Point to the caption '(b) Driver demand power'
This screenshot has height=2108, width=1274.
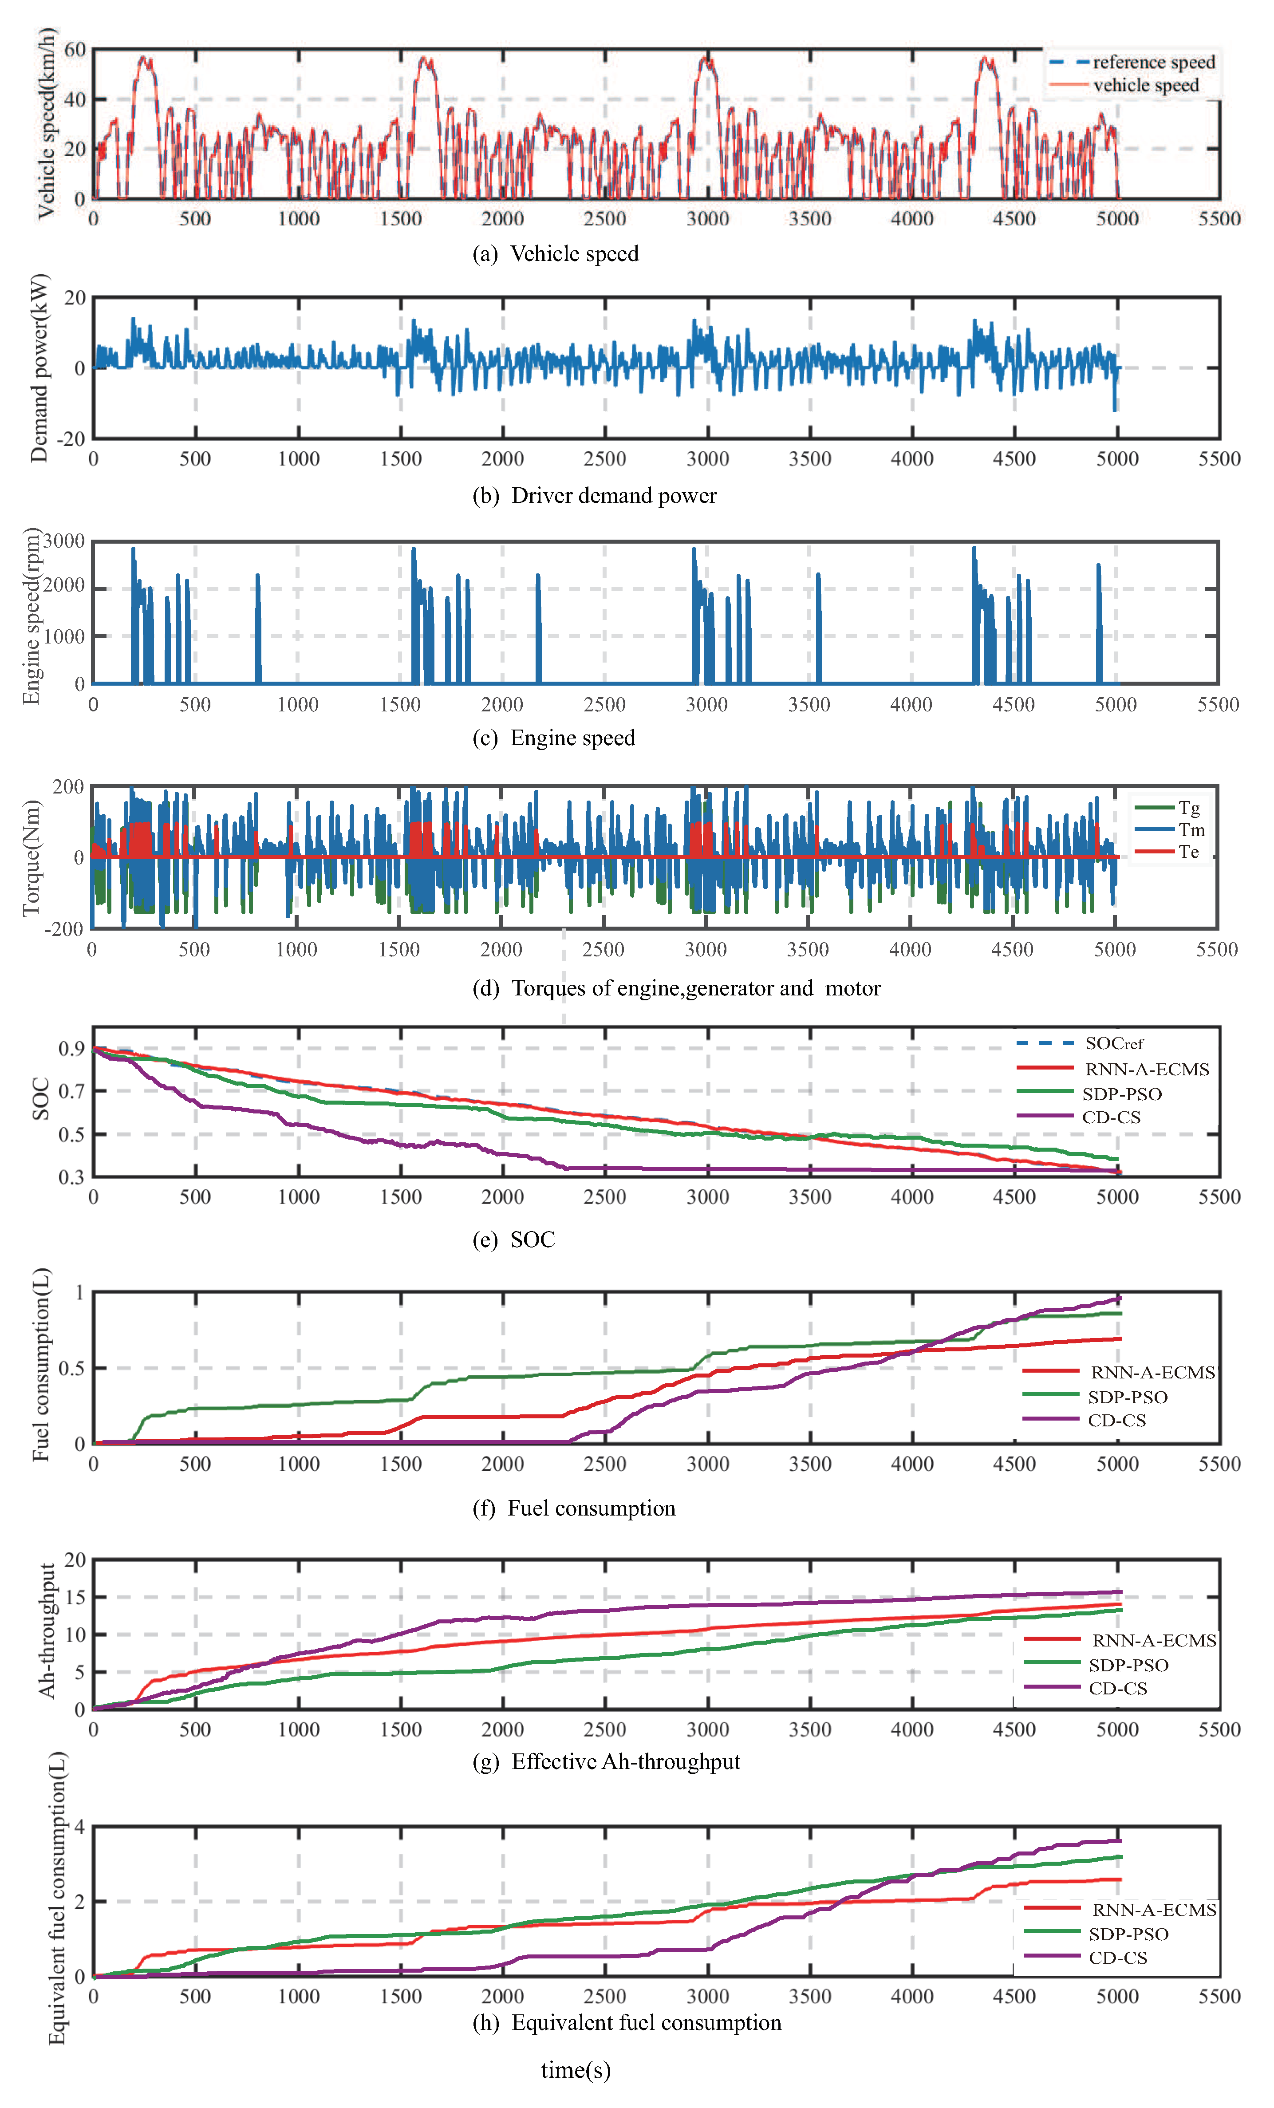coord(595,495)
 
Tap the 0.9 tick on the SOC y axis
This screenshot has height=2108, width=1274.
coord(72,1049)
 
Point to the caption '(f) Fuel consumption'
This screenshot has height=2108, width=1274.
coord(574,1508)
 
